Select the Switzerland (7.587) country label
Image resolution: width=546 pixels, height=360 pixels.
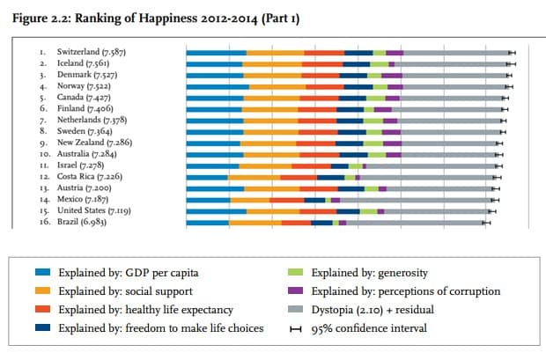92,52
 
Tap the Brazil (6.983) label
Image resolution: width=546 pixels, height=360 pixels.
82,222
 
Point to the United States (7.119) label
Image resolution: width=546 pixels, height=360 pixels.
94,210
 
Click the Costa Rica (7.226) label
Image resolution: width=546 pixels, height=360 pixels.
90,177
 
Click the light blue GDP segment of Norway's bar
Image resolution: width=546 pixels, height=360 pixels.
218,87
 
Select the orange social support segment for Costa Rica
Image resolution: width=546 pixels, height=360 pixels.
255,178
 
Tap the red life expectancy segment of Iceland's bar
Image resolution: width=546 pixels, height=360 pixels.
322,64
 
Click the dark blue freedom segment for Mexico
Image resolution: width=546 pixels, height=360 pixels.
314,200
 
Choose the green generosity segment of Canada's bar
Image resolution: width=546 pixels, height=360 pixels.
376,99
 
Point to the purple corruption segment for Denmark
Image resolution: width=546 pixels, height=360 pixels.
392,76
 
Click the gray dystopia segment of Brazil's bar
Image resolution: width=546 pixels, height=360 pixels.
415,223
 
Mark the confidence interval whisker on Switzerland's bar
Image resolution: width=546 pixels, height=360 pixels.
512,53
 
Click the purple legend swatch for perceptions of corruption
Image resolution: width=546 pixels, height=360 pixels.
295,290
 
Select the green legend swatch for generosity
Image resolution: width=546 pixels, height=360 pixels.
295,272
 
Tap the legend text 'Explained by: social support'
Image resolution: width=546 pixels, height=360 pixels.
125,291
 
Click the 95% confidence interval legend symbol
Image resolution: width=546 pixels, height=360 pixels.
296,328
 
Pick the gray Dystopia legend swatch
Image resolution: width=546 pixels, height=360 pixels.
295,309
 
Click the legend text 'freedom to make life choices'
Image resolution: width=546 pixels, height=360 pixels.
195,328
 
